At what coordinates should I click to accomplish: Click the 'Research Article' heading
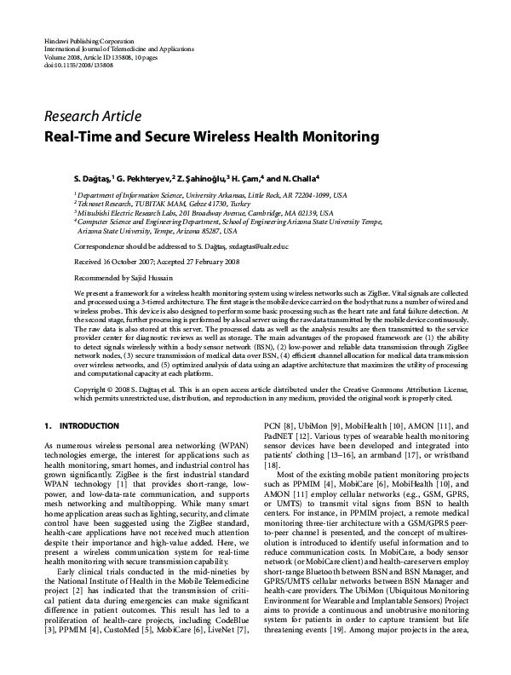pyautogui.click(x=93, y=117)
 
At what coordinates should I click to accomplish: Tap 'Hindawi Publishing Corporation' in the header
pyautogui.click(x=88, y=41)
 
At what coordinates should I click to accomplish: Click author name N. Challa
pyautogui.click(x=295, y=179)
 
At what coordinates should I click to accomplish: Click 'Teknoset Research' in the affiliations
pyautogui.click(x=106, y=204)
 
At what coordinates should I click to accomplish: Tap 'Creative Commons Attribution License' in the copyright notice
pyautogui.click(x=382, y=388)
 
